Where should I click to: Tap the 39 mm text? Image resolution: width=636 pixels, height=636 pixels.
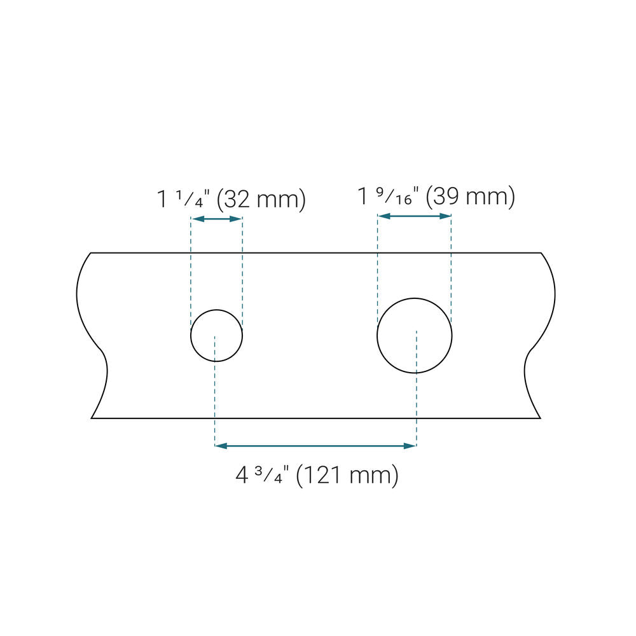(x=471, y=197)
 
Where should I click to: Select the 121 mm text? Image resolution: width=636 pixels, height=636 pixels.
(x=347, y=475)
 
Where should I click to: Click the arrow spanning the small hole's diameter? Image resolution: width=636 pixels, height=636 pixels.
(x=217, y=219)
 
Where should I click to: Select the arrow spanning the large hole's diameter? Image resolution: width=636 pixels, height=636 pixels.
(x=414, y=216)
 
